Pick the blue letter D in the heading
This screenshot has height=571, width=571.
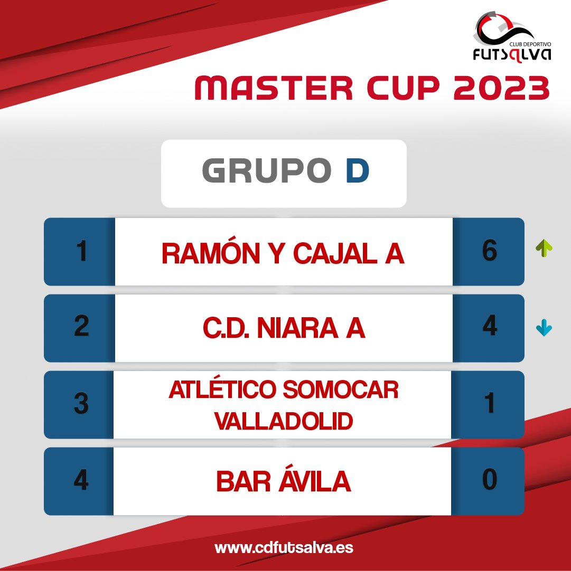(357, 172)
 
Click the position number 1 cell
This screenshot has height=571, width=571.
(80, 252)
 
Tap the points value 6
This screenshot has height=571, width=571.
(489, 252)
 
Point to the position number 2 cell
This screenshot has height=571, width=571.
(80, 328)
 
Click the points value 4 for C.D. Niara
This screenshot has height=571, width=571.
(489, 328)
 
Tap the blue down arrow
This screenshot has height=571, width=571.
(544, 329)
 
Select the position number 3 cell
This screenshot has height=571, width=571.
(80, 405)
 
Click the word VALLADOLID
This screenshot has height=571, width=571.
(284, 421)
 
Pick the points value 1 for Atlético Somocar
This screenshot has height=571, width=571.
(489, 405)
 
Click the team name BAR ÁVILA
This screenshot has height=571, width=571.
(283, 481)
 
